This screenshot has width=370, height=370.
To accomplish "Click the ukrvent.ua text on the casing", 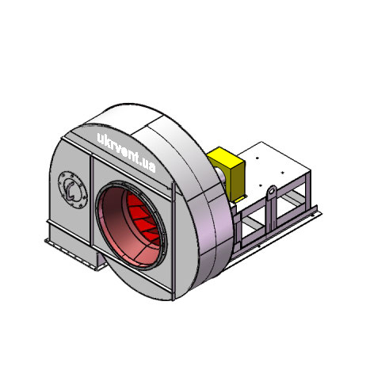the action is tap(126, 153).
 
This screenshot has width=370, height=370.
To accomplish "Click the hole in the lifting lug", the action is tap(273, 191).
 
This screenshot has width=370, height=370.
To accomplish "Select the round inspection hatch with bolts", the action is tap(73, 189).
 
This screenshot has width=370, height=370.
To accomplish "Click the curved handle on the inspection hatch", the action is tap(70, 190).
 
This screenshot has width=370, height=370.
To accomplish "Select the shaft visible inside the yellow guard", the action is tap(219, 174).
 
